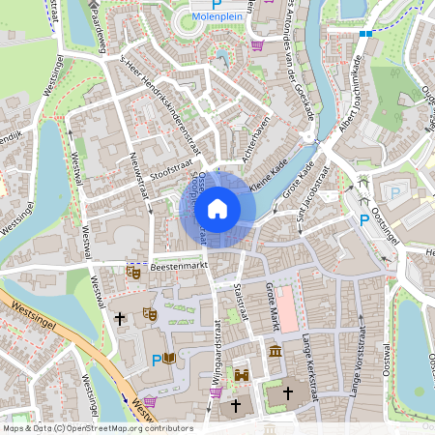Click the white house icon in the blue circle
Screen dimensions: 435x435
coord(217,209)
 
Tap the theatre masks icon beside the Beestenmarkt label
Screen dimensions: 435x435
coord(133,274)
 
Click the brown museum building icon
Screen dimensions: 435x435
coord(275,351)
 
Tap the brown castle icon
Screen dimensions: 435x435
coord(242,375)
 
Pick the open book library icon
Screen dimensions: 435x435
coord(170,359)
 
